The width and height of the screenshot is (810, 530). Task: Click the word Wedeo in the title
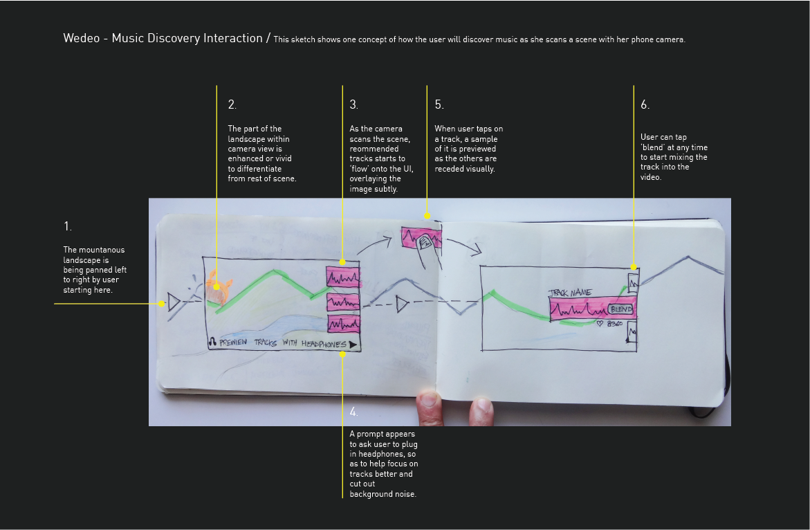pos(82,38)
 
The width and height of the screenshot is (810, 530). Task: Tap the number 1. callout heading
pos(68,226)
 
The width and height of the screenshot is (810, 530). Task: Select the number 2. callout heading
pos(232,104)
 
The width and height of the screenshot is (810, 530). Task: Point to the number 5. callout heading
pos(439,104)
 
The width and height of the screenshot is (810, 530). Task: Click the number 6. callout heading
pos(645,104)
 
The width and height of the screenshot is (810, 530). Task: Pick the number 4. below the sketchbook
pos(354,412)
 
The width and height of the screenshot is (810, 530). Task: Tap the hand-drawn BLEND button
pos(620,309)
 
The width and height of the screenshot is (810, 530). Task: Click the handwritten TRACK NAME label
pos(570,293)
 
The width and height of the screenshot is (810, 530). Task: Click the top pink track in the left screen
pos(343,277)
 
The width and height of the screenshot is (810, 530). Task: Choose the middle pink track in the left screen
pos(343,302)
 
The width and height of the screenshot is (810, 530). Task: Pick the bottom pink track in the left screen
pos(344,323)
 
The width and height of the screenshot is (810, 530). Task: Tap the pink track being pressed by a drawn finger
pos(421,238)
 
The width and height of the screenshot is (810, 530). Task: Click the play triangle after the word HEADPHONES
pos(353,345)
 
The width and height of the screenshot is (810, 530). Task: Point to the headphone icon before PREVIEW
pos(212,342)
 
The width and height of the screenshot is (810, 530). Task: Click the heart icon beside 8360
pos(599,324)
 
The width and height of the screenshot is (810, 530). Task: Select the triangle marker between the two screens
pos(402,304)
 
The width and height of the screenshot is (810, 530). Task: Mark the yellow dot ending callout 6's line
pos(634,267)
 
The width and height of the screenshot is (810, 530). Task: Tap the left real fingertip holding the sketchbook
pos(430,408)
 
